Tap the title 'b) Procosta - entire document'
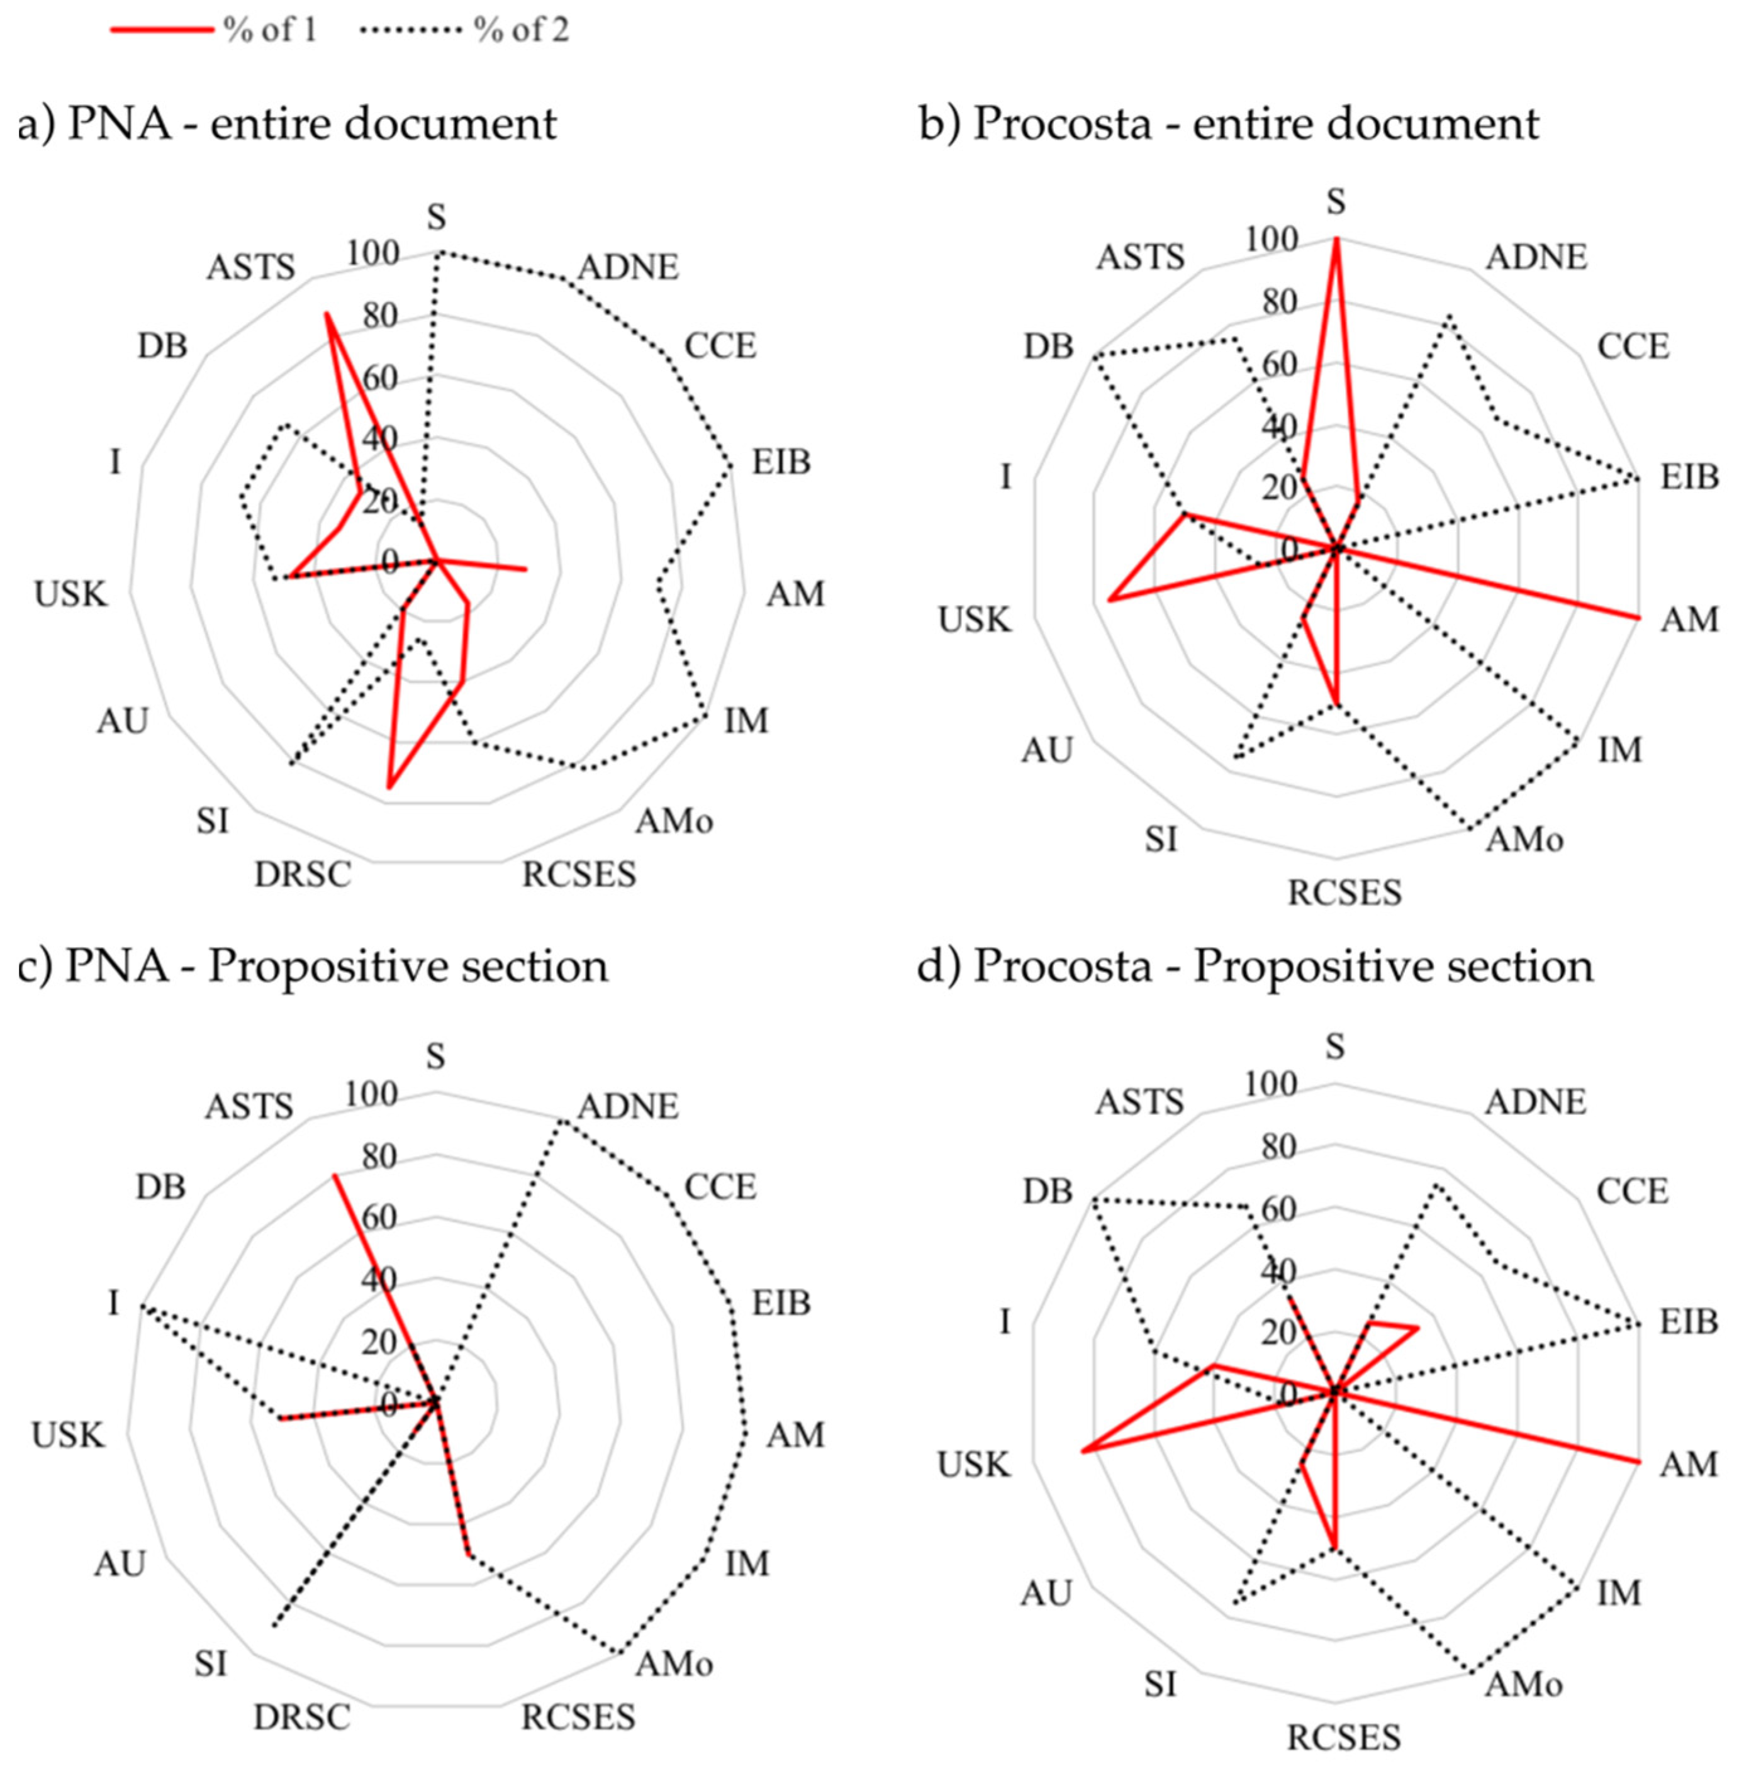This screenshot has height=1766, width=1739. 1229,123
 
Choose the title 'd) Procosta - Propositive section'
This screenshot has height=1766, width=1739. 1256,966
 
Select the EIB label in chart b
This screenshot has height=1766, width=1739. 1689,477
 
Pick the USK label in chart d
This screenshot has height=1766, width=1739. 973,1465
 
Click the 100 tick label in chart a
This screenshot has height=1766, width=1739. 374,253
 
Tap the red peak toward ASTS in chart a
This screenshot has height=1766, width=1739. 326,314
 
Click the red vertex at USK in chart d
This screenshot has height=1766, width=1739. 1082,1451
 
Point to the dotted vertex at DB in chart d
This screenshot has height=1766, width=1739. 1093,1198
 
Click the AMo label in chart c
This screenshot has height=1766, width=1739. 674,1663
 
